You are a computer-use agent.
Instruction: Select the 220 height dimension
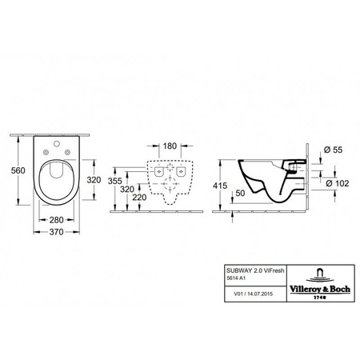tap(140, 197)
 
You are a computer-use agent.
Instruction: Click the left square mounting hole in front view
tap(158, 170)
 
